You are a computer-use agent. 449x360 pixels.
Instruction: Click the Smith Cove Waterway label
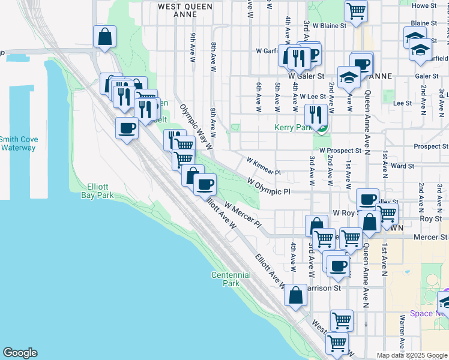[19, 143]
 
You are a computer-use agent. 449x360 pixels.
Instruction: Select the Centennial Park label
[231, 278]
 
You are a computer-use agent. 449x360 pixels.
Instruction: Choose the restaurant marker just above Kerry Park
[315, 114]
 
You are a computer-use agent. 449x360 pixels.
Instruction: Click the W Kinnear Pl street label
[264, 166]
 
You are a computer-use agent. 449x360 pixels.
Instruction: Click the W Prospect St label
[340, 151]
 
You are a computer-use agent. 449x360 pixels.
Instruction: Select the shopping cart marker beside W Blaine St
[357, 11]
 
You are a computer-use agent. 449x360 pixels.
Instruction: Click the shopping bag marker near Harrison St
[295, 295]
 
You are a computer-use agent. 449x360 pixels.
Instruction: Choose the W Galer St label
[306, 76]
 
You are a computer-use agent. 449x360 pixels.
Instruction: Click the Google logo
[20, 353]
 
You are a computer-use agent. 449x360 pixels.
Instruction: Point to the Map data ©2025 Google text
[411, 355]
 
